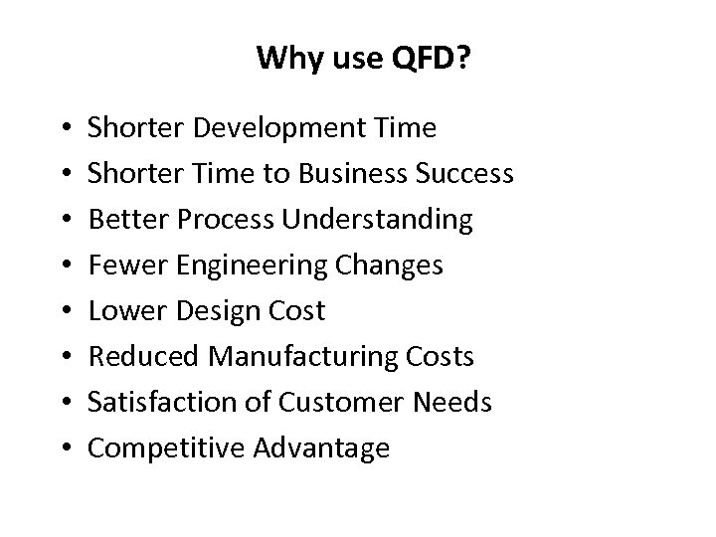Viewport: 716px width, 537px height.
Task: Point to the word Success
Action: point(465,175)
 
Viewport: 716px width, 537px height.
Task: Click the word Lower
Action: point(124,311)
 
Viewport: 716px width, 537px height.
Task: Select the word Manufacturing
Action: point(302,357)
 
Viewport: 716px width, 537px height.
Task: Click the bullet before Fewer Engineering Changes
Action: point(65,267)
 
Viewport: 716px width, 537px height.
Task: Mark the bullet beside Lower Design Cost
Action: point(65,312)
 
